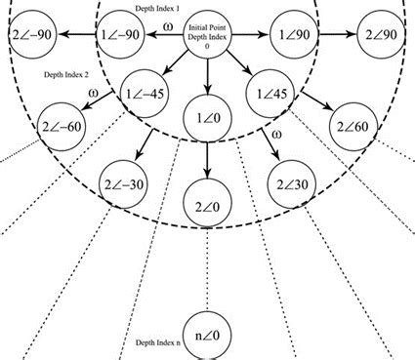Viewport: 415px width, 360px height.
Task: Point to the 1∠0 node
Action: point(207,118)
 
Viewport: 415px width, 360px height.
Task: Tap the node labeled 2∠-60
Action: point(63,127)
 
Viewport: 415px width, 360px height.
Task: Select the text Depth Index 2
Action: point(65,74)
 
